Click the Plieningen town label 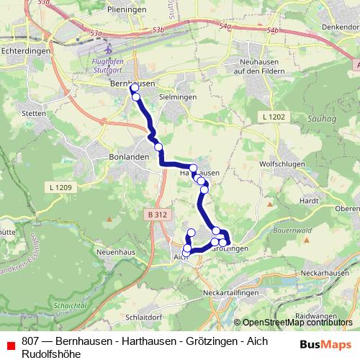click(126, 9)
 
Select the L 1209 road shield click(62, 188)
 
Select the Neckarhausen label click(323, 274)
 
